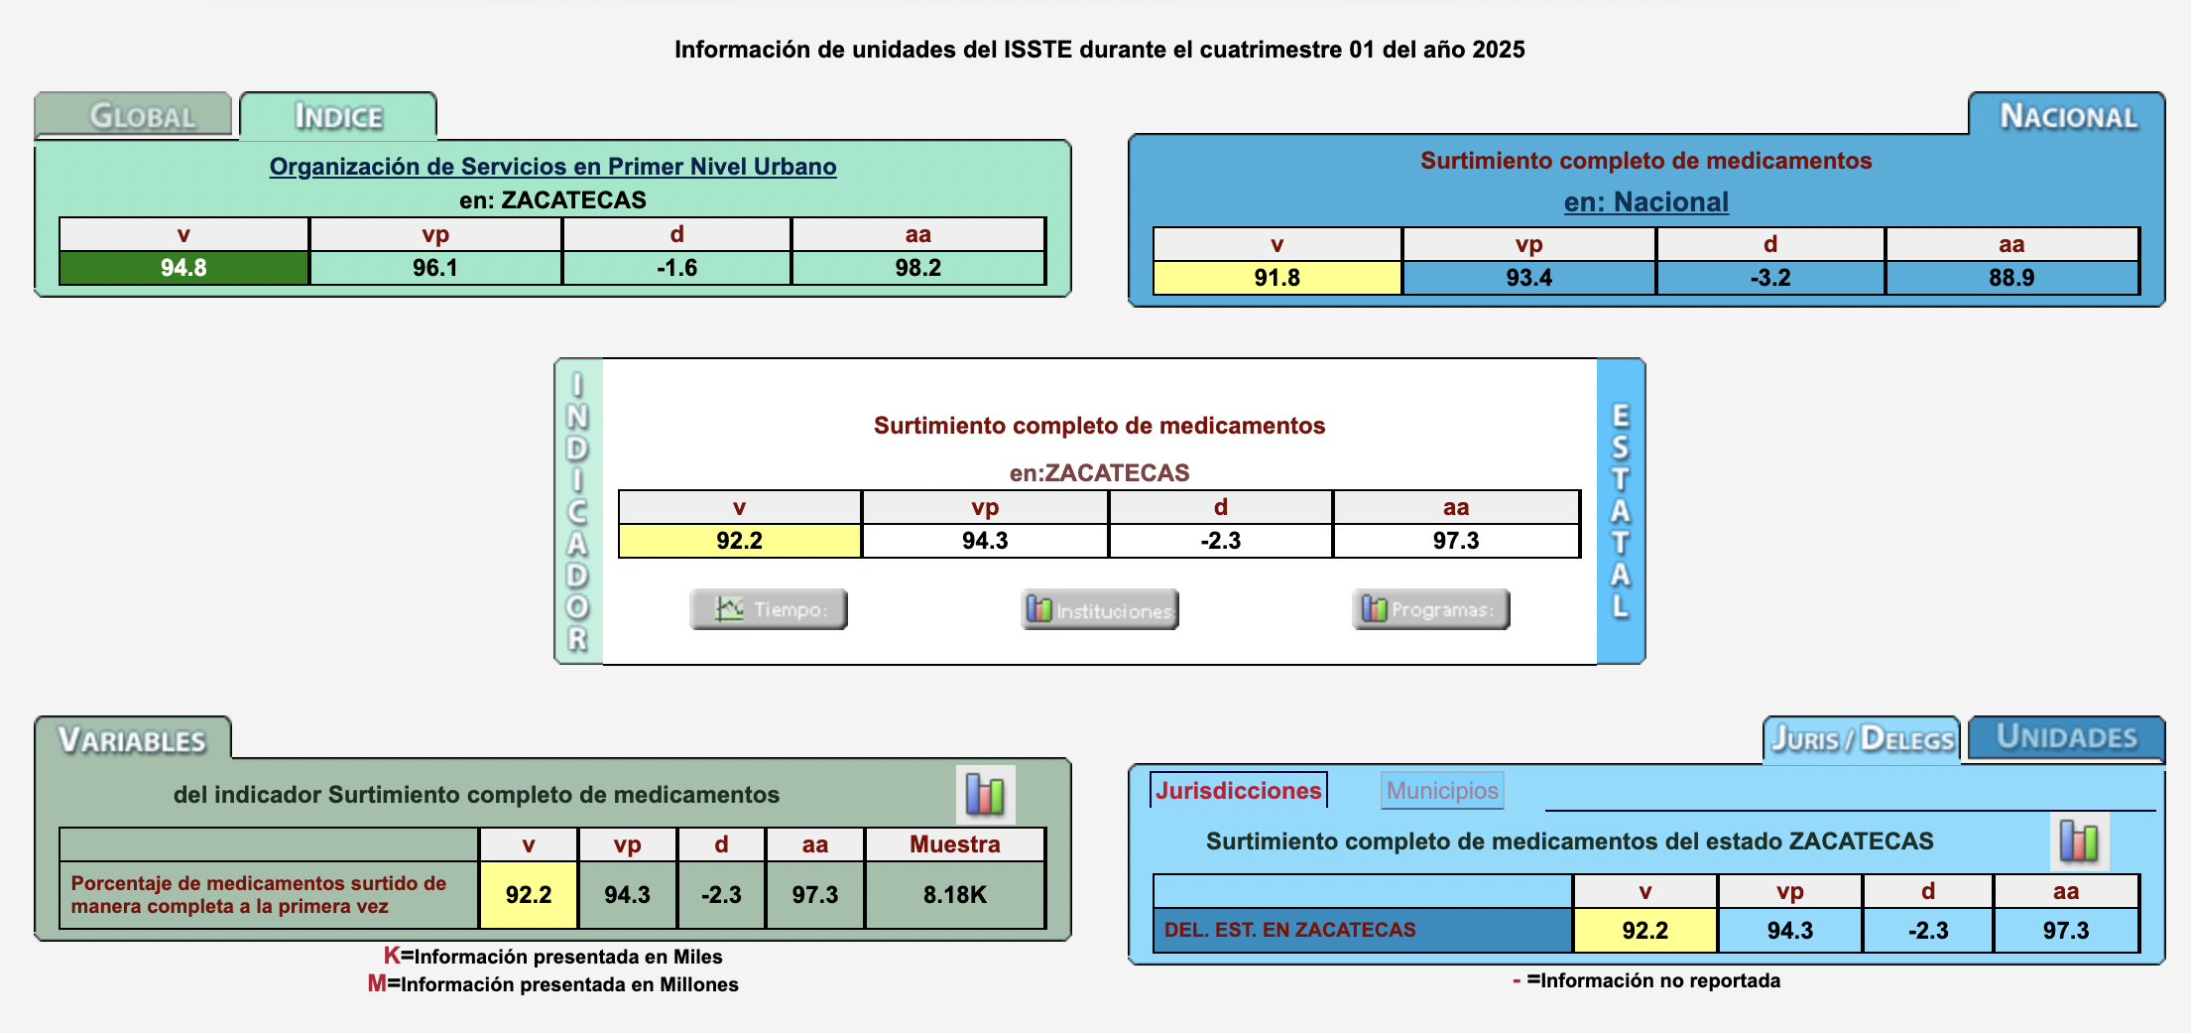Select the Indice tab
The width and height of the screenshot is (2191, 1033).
tap(338, 116)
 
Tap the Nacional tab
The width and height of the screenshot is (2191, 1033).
tap(2067, 115)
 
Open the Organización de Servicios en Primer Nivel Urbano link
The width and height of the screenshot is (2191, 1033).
tap(552, 167)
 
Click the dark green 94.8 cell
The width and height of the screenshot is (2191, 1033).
tap(183, 268)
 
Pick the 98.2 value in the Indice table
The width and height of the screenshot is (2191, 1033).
tap(917, 268)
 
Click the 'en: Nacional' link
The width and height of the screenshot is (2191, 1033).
tap(1645, 201)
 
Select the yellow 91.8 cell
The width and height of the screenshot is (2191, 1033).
tap(1277, 278)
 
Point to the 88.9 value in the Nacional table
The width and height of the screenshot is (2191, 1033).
tap(2011, 278)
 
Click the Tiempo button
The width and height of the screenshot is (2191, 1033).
tap(769, 609)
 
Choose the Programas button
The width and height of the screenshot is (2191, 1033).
tap(1430, 609)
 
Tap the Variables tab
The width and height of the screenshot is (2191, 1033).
tap(133, 739)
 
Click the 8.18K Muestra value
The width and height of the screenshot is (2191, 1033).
tap(954, 895)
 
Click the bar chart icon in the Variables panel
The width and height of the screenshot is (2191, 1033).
tap(985, 794)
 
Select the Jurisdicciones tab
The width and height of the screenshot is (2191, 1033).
tap(1238, 791)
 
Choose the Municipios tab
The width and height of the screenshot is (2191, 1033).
tap(1442, 791)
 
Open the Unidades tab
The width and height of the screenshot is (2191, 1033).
tap(2066, 737)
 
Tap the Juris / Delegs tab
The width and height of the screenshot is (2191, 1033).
tap(1862, 739)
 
